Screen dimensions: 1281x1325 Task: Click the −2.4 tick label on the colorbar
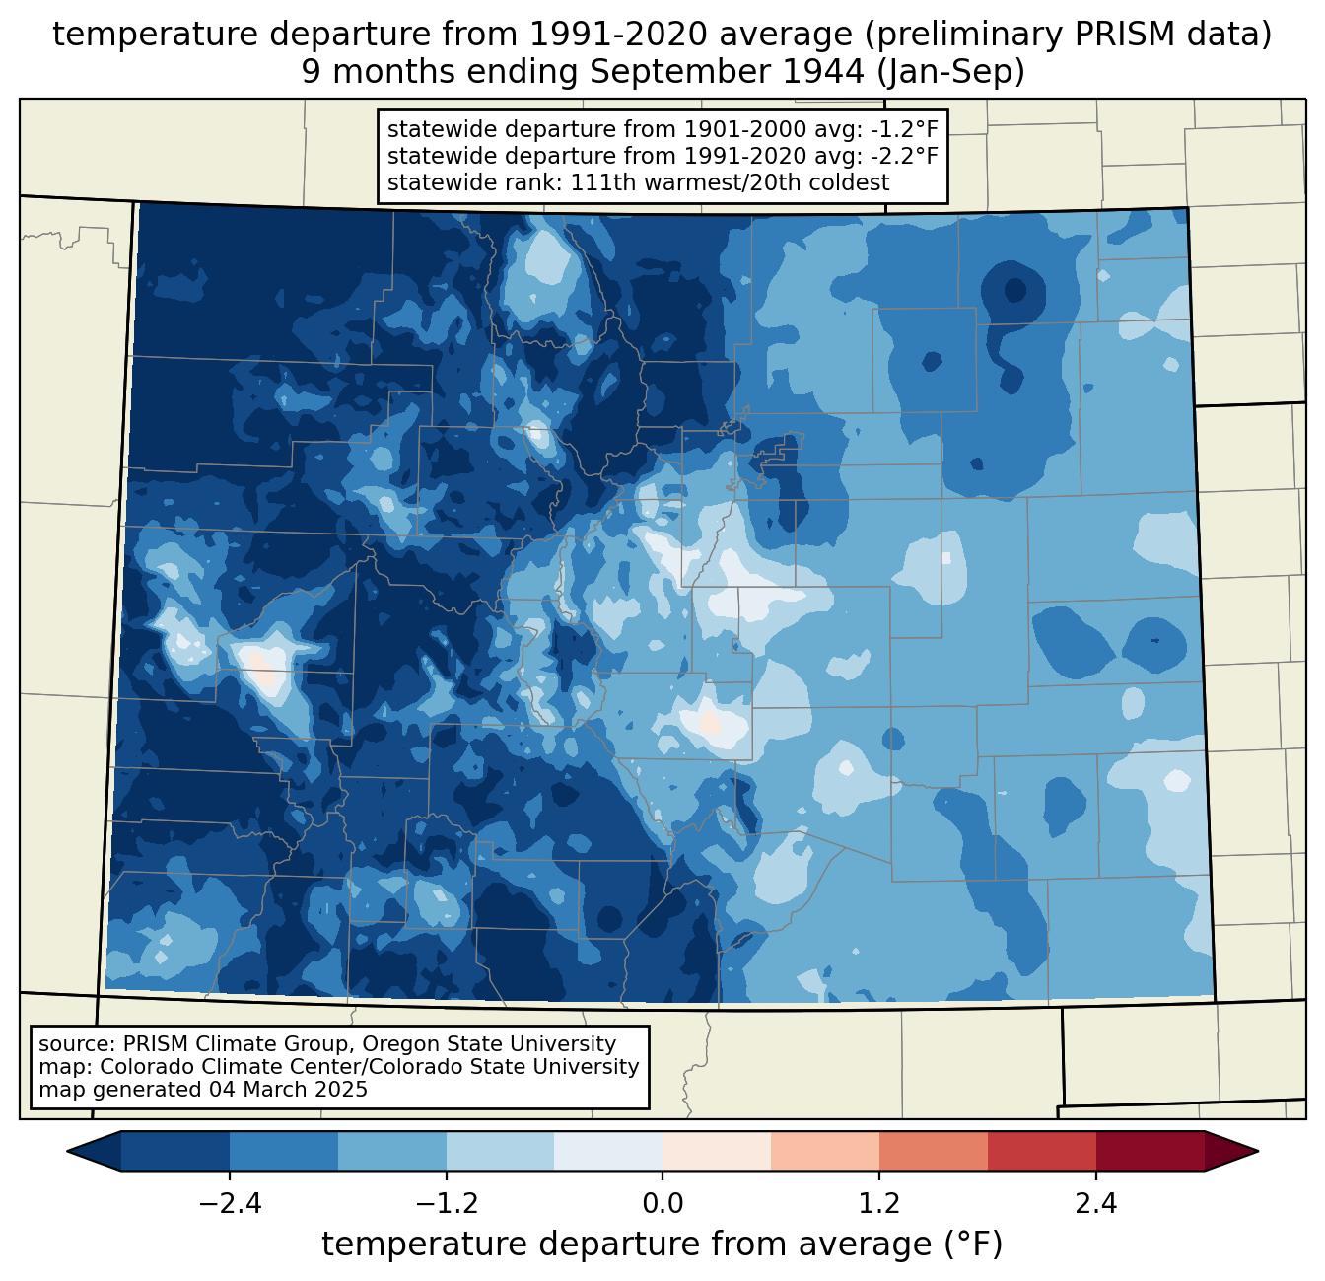(230, 1204)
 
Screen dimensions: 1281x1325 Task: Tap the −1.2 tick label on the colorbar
(446, 1204)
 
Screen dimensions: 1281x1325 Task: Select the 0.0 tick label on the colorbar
(662, 1204)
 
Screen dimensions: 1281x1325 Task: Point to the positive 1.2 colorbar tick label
(879, 1204)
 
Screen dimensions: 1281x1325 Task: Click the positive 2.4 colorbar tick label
(1095, 1204)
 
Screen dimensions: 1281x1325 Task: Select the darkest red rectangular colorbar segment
(1150, 1151)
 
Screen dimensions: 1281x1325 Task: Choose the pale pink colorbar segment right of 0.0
(717, 1151)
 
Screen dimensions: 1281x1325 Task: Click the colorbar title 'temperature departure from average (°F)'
(662, 1245)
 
